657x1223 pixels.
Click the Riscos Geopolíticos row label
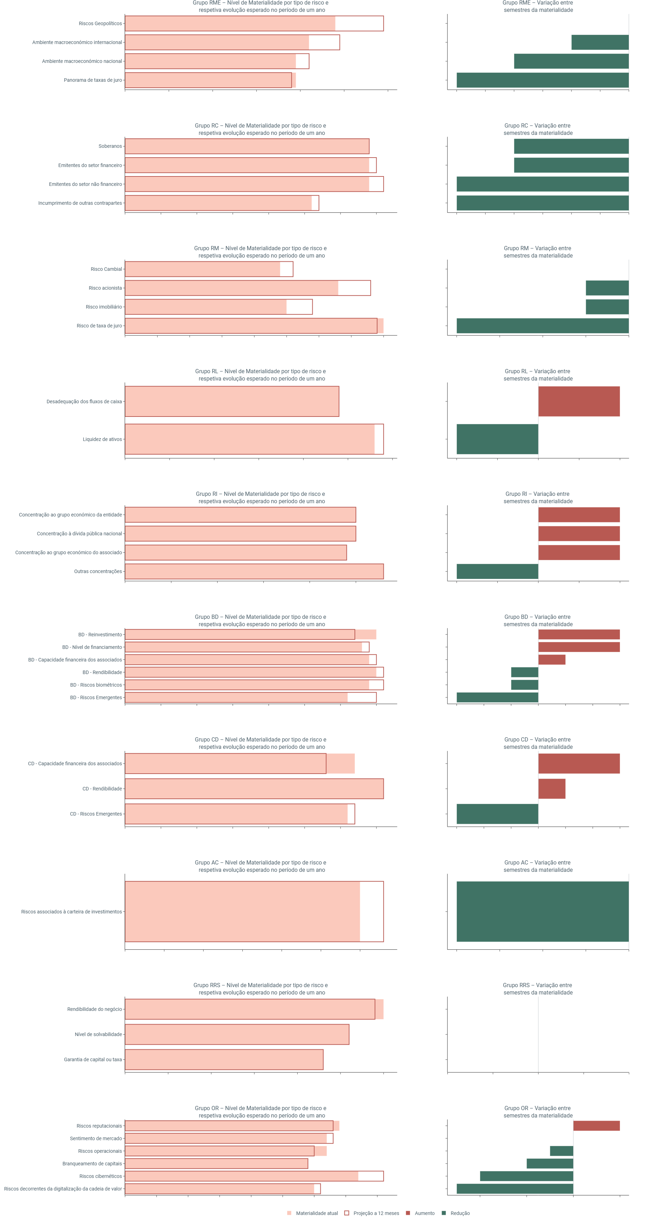[100, 23]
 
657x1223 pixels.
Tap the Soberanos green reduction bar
[571, 146]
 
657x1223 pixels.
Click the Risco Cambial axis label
[106, 269]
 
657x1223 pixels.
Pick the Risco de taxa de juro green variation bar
[542, 326]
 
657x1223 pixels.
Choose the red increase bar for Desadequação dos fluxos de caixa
[579, 401]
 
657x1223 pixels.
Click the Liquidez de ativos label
[102, 439]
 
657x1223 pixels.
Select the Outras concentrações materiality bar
[254, 571]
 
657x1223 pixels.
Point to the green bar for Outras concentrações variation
[497, 571]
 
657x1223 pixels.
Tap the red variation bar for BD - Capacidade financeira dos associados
[552, 659]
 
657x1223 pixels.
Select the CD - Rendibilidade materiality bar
[254, 789]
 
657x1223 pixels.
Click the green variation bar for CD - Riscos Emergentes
[497, 814]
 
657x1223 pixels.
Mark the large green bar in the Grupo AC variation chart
[542, 912]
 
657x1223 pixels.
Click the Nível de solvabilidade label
[98, 1034]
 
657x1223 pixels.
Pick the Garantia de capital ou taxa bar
[224, 1059]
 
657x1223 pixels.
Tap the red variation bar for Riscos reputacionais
[596, 1126]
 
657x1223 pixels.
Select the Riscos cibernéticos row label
[101, 1176]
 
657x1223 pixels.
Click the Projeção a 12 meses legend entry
[375, 1213]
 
